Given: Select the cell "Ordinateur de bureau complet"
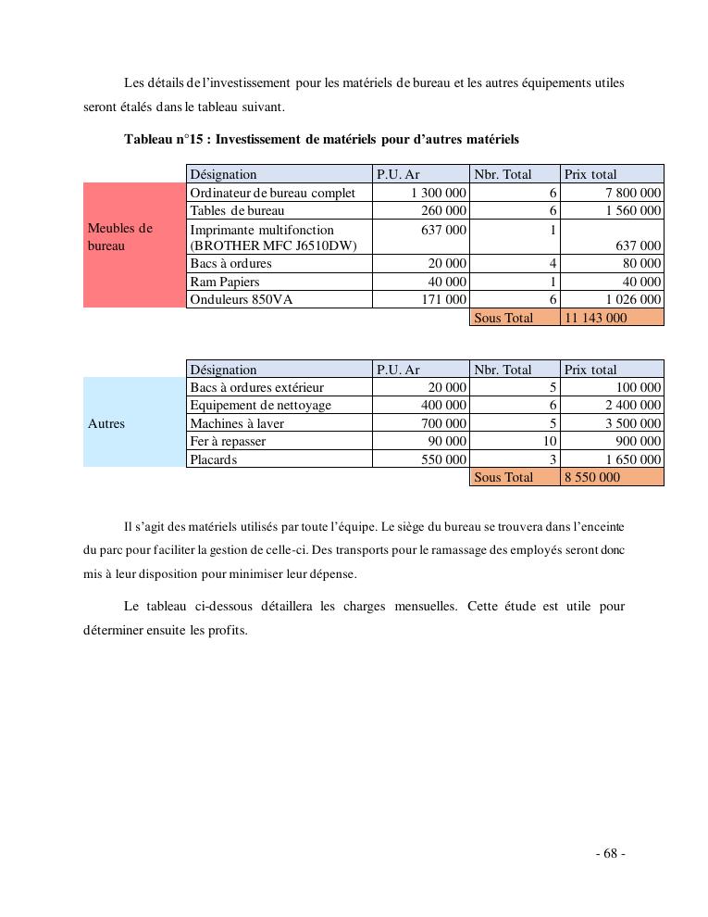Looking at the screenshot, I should [x=272, y=193].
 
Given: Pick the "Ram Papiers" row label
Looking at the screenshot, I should [x=225, y=282].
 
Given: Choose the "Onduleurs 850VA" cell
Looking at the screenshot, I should [x=237, y=299].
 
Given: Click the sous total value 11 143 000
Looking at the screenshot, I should [x=595, y=318].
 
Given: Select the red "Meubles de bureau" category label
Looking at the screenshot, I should [x=120, y=237].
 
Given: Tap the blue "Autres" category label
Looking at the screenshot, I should [x=106, y=424].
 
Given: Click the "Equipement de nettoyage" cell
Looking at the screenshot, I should [x=260, y=406].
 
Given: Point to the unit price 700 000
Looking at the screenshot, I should [x=443, y=423].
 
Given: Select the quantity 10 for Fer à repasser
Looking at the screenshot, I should [x=550, y=442].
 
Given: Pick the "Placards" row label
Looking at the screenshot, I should [x=214, y=459].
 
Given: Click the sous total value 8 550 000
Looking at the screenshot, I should [x=592, y=477].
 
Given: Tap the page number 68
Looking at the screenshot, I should [x=610, y=854].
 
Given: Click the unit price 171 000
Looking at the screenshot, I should [x=443, y=299].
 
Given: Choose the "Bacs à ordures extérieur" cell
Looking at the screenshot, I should [x=257, y=388].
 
